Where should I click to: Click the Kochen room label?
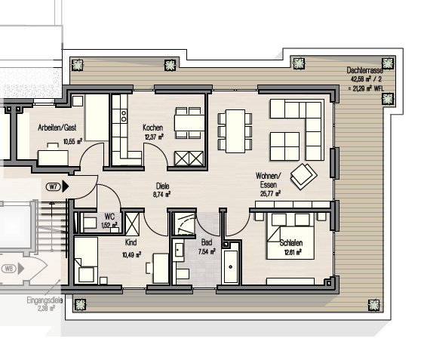(x=153, y=128)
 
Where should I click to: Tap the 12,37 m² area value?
(x=154, y=137)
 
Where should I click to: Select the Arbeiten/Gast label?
(x=57, y=128)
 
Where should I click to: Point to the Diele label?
(x=162, y=186)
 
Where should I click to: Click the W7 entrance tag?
(x=54, y=186)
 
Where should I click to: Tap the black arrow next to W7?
(x=65, y=186)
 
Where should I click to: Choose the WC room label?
(x=109, y=217)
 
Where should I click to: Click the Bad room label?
(x=207, y=242)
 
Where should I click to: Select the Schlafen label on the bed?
(x=291, y=243)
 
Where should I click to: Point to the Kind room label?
(x=131, y=242)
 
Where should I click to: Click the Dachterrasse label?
(x=365, y=71)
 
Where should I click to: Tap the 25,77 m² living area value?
(x=270, y=194)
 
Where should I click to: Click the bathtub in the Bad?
(x=231, y=266)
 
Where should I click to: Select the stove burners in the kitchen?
(x=124, y=115)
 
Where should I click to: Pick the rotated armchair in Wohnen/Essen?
(x=303, y=177)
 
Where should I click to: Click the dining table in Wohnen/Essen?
(x=235, y=131)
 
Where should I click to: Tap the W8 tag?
(x=9, y=269)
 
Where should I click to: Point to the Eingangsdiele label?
(x=45, y=300)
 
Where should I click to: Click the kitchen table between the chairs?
(x=189, y=123)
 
